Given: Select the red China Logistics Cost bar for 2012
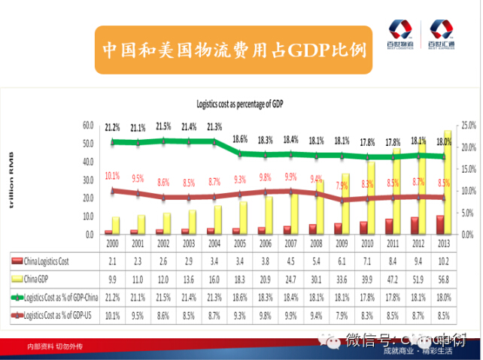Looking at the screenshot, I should click(x=415, y=225).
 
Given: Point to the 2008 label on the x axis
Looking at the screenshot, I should click(x=317, y=244).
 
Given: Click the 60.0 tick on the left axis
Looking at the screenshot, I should click(x=88, y=125).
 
